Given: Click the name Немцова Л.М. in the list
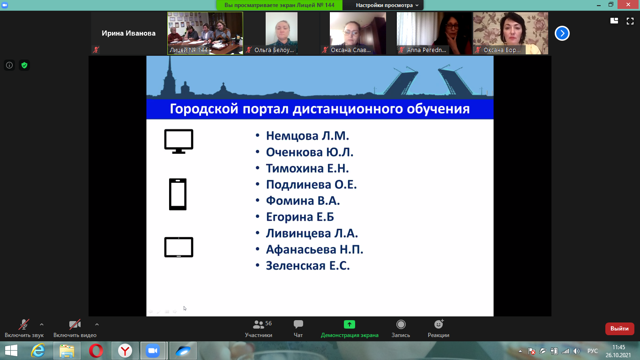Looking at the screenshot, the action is (x=307, y=136).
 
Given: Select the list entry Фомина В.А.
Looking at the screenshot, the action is (x=303, y=201).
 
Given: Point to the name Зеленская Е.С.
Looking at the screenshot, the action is (x=308, y=266).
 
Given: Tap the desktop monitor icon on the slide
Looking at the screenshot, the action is (x=179, y=141).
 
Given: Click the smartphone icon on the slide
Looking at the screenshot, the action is (x=178, y=194).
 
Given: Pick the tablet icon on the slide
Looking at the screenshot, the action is (x=179, y=247).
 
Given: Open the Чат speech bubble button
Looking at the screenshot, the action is (x=298, y=324).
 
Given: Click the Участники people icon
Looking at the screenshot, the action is (x=258, y=324).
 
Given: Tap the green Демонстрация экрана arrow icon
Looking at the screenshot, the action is (x=350, y=324).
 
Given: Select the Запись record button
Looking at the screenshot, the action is (x=401, y=324).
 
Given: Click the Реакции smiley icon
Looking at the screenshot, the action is (x=439, y=324).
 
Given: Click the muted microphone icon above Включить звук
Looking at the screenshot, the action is (x=24, y=324).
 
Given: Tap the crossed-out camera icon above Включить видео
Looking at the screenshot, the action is (x=75, y=324).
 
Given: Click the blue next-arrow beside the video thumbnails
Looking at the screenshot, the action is (x=562, y=33).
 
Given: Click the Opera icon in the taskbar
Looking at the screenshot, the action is (x=96, y=351).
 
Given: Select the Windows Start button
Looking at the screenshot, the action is (x=11, y=351).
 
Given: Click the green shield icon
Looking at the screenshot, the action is (x=24, y=65).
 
